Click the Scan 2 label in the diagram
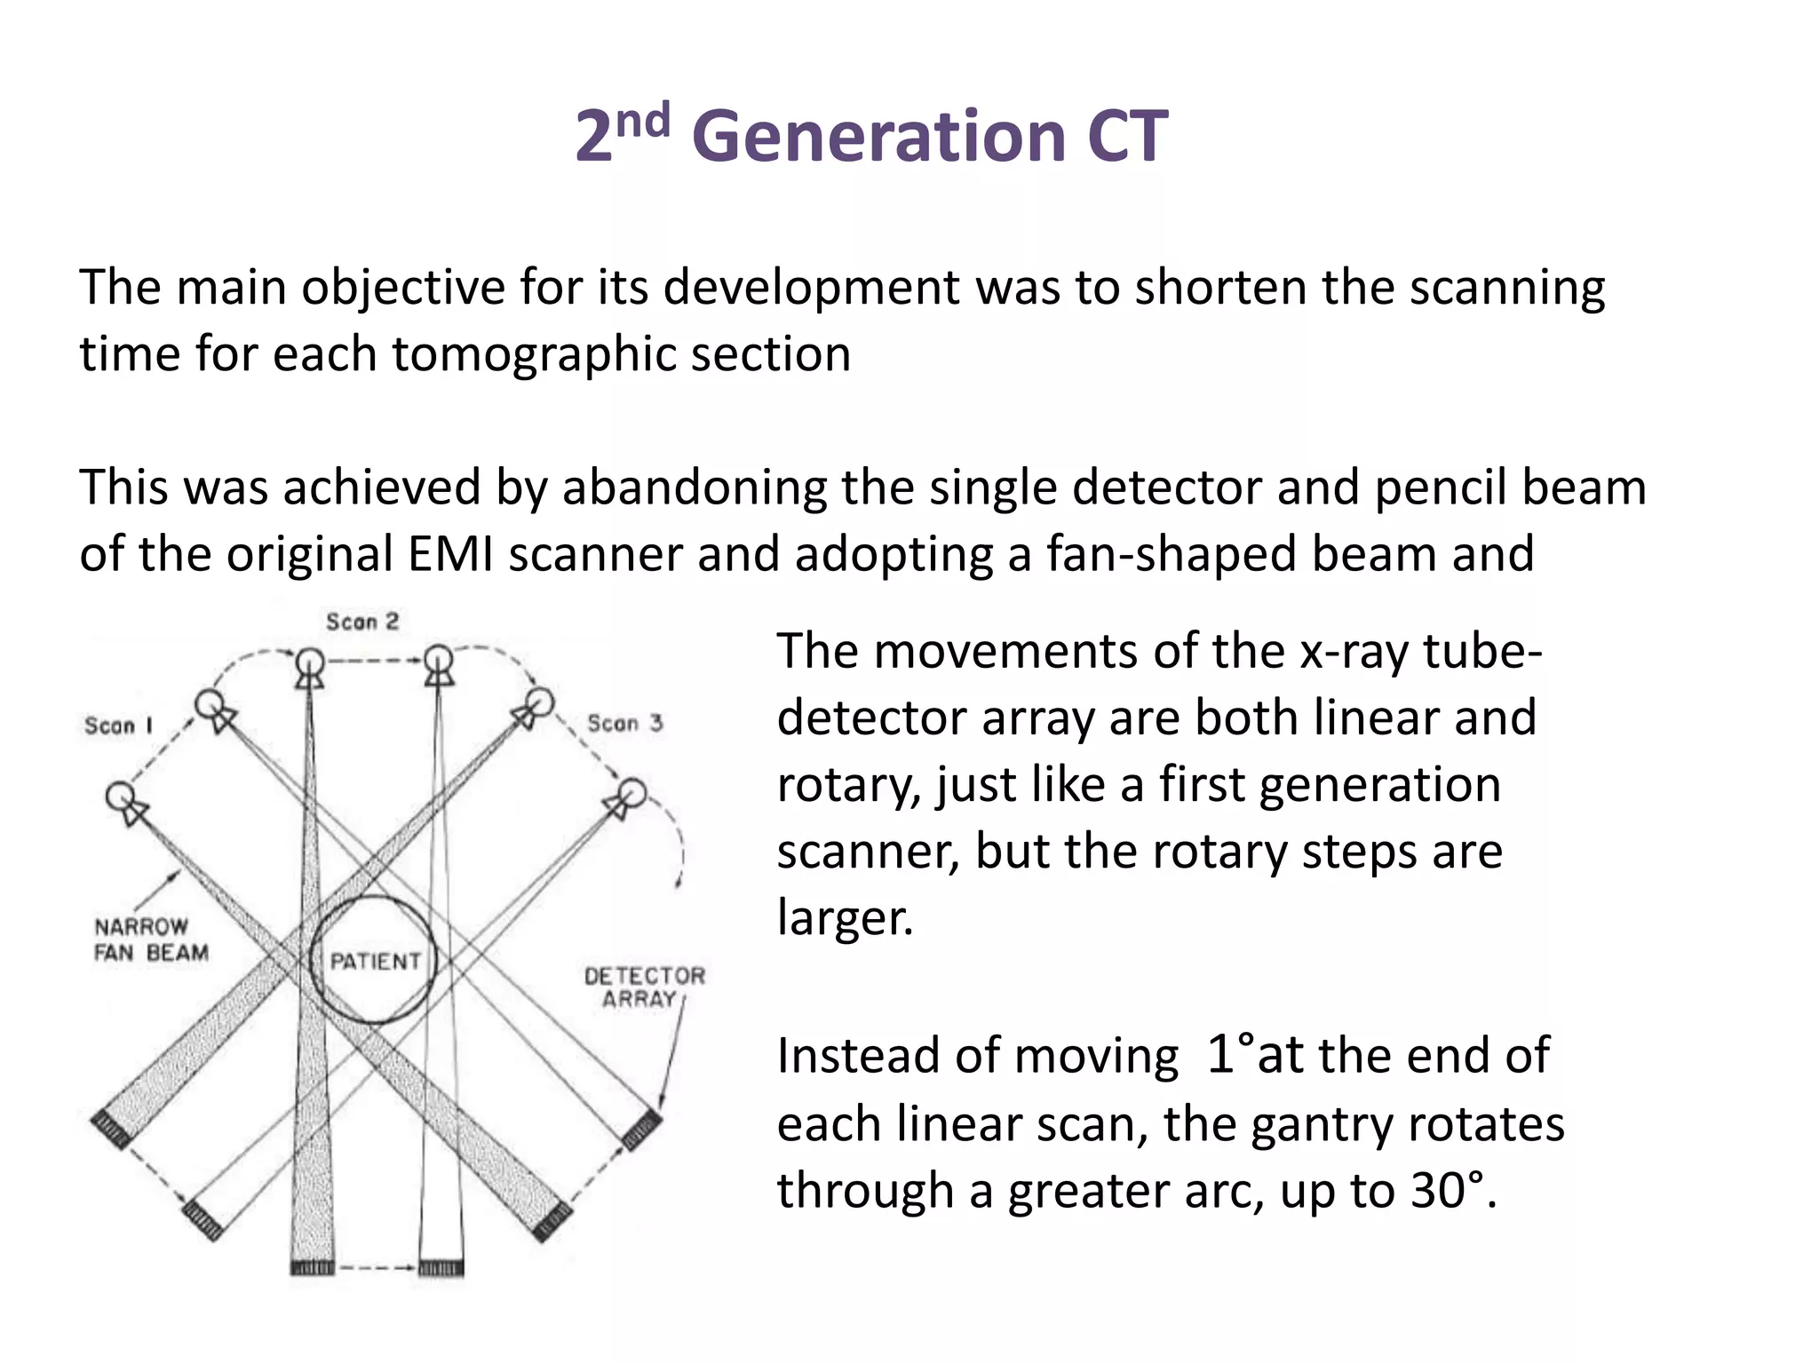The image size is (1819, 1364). point(362,622)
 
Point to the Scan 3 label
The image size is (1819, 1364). point(625,723)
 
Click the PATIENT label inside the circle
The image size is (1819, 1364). point(375,961)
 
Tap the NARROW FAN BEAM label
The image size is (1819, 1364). point(151,940)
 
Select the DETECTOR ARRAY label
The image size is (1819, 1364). point(644,987)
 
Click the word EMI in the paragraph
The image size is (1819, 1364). point(450,554)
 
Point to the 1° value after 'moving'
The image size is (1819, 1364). point(1230,1055)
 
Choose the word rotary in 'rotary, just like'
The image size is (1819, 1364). point(847,785)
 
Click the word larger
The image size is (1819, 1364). point(844,918)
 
